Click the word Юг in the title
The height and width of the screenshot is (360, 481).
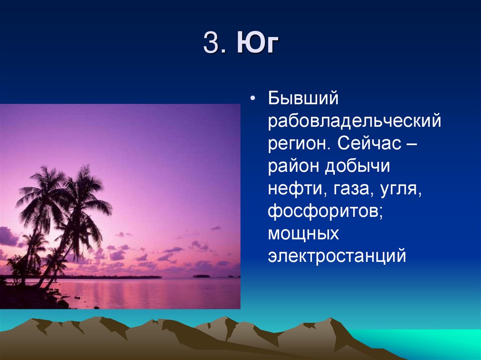pos(257,45)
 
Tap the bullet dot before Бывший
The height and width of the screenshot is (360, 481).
pos(254,99)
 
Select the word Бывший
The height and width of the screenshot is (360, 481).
pos(303,99)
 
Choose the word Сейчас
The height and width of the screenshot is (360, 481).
pos(368,144)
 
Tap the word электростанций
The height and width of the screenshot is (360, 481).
pos(336,256)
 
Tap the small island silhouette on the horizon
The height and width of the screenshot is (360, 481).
pos(201,276)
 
